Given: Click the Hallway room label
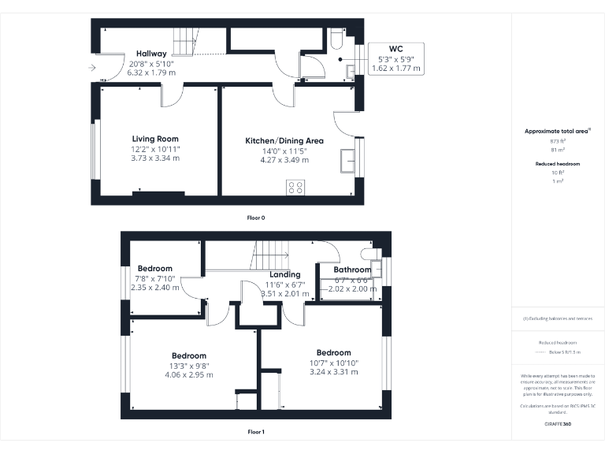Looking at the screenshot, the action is [151, 54].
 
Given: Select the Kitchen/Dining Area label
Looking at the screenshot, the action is [284, 140].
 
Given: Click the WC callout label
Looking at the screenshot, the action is [395, 49].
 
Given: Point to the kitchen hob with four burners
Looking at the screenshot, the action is [296, 187].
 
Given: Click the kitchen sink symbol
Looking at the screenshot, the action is [347, 159].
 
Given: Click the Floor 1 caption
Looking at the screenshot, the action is [255, 432].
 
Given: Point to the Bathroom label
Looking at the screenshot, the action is [352, 270].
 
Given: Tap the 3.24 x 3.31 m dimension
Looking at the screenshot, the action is [333, 371].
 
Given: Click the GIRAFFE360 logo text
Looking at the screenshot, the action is [558, 424].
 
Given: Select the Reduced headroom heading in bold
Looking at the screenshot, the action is [558, 163].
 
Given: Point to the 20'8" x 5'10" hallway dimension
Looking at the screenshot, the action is [151, 63].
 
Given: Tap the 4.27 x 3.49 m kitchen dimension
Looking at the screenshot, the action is [284, 160].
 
